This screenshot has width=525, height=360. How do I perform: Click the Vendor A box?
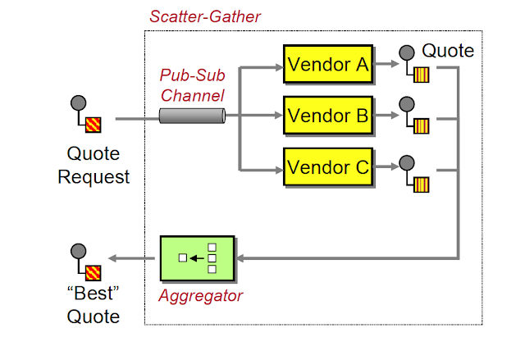pos(326,64)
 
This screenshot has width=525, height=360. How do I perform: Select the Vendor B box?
pos(326,116)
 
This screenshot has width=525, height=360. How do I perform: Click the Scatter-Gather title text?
pos(205,16)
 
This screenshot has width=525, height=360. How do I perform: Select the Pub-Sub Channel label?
pos(189,84)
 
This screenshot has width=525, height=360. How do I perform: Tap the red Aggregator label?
pos(200,296)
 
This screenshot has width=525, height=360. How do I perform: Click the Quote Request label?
pos(94,165)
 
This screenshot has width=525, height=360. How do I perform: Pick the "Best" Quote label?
pos(93,306)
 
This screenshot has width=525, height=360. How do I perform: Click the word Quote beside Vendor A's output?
pos(448,51)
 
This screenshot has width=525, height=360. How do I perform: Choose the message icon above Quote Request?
pos(86,115)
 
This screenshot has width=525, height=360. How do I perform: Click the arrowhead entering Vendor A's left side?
pos(277,65)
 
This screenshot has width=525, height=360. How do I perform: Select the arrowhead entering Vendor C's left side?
pos(277,168)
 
